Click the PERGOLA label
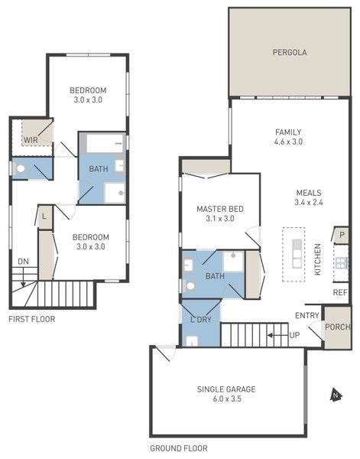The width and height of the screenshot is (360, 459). point(290,52)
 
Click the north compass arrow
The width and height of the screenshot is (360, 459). point(336,396)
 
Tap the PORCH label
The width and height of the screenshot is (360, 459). point(338,327)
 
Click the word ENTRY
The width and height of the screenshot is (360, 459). point(306,315)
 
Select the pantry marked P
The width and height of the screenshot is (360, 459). point(342,235)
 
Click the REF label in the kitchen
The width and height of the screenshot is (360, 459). point(340,292)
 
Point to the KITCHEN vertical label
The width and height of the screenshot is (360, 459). point(317,259)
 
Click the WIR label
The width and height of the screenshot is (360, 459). point(31,140)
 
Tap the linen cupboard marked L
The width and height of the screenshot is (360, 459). point(45,217)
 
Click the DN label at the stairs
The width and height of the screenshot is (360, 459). point(23,262)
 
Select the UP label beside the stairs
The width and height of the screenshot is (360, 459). point(294,335)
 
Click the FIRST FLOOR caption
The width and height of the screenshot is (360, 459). point(32,319)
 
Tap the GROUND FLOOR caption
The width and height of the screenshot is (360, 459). point(179,448)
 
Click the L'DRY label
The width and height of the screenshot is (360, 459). point(200,320)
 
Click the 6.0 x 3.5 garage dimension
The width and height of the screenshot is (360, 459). point(227,399)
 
